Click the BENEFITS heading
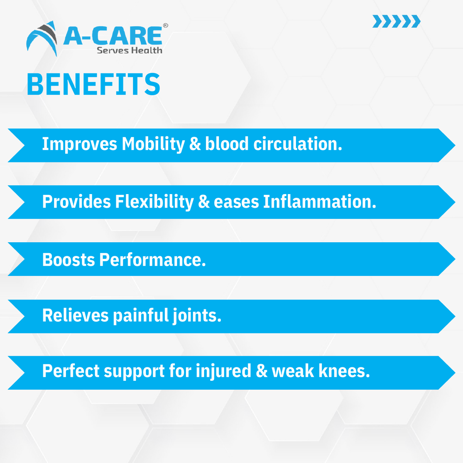point(93,84)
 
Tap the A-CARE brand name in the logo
point(113,36)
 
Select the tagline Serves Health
point(129,51)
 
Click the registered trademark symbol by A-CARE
point(166,25)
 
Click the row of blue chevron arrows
point(396,21)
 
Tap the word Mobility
point(153,144)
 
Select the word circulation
point(297,144)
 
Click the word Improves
point(79,144)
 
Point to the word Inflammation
point(319,202)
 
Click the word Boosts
point(68,260)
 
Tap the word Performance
point(152,260)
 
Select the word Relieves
point(75,315)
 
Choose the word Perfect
point(70,371)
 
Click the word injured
point(223,371)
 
